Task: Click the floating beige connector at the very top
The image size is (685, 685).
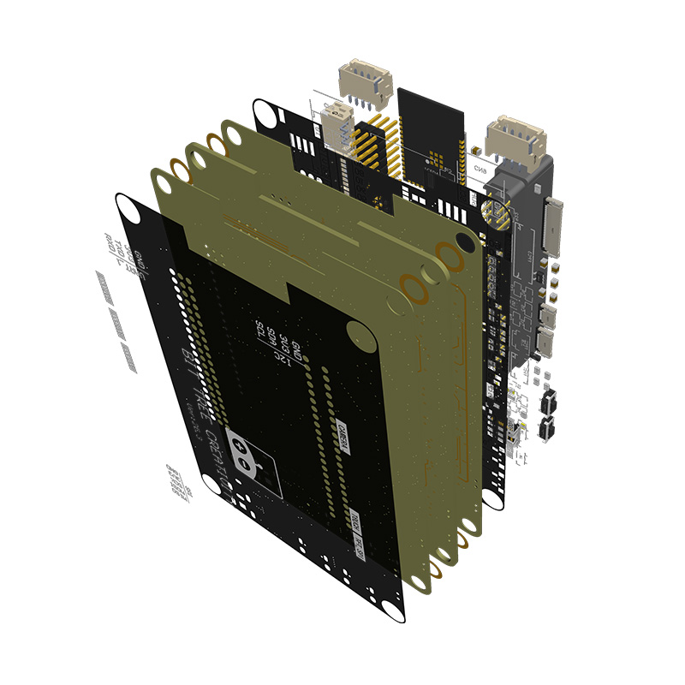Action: tap(366, 84)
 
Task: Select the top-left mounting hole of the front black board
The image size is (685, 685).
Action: tap(126, 208)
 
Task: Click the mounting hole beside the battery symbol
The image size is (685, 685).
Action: tap(211, 486)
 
